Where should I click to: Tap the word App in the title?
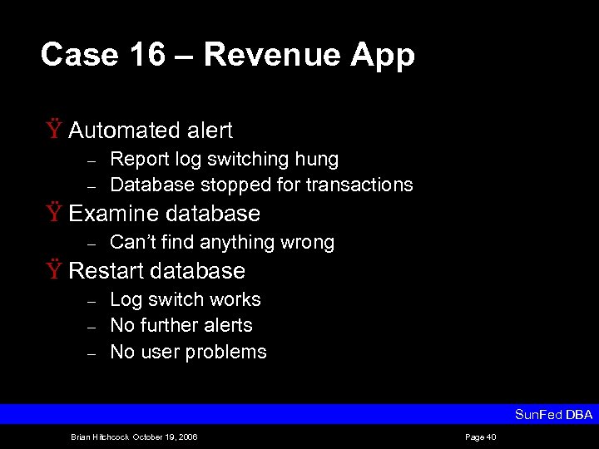[x=383, y=57]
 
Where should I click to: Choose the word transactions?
[x=359, y=185]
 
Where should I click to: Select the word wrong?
[x=307, y=243]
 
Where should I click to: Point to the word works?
[x=235, y=299]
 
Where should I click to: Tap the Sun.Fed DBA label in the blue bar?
[x=553, y=414]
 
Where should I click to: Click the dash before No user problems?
[x=93, y=353]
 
